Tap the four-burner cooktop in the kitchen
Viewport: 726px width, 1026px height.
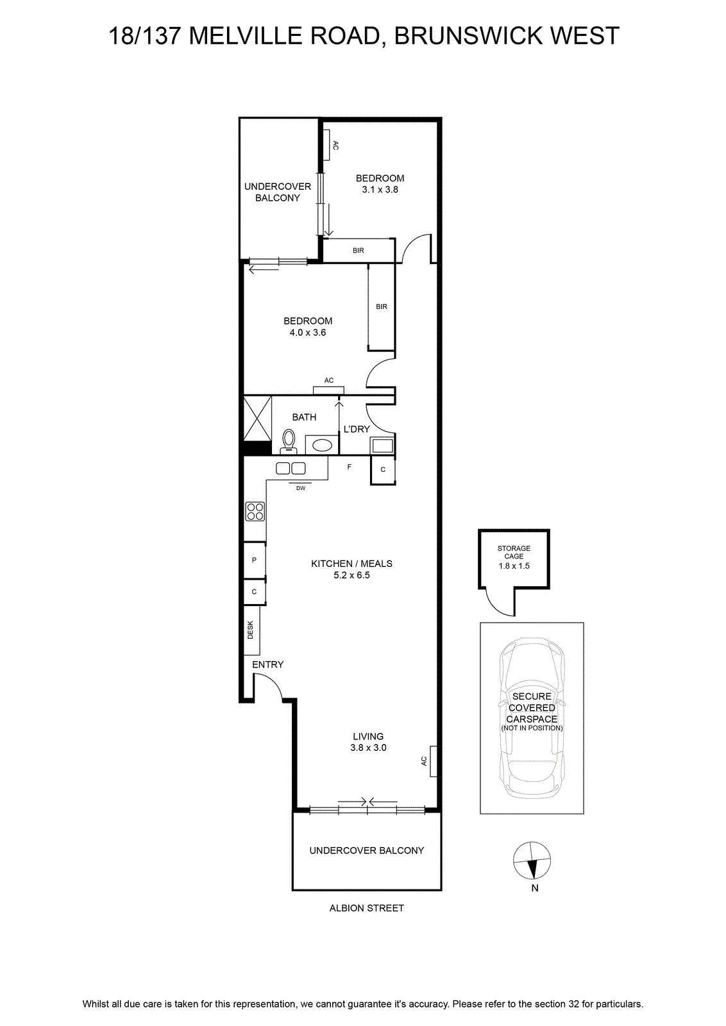(255, 512)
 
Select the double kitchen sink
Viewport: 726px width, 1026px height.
(291, 468)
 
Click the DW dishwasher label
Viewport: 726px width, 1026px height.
(301, 488)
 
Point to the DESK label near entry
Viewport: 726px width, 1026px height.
(251, 630)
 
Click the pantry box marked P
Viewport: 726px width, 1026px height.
(254, 560)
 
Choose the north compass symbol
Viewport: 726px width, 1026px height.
(532, 861)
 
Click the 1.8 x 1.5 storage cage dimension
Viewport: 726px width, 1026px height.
(514, 566)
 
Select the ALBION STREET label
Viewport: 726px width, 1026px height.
(366, 908)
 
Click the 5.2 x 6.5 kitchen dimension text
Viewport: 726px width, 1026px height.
(351, 575)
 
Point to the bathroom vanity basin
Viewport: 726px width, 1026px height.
(321, 445)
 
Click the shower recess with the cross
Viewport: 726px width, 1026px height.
(257, 418)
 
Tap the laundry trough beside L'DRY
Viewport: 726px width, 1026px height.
(382, 445)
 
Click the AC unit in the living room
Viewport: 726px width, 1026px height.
(434, 761)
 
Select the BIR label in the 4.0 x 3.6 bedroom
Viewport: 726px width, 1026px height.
(382, 307)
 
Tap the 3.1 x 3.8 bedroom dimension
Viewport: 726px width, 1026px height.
(380, 190)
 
